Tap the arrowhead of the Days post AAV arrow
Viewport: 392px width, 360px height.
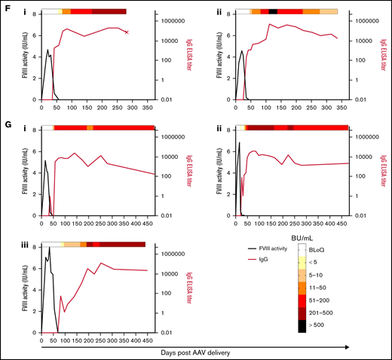click(x=346, y=346)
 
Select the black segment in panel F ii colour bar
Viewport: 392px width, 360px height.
click(x=273, y=12)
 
